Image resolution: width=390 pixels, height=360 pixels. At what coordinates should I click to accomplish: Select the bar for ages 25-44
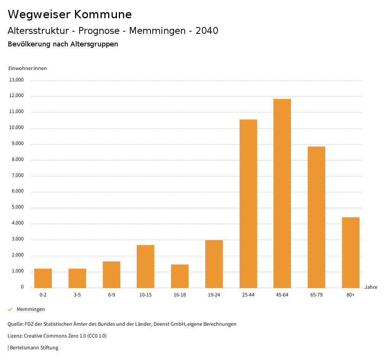(x=248, y=204)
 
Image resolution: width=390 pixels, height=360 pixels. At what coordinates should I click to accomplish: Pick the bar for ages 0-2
(x=43, y=278)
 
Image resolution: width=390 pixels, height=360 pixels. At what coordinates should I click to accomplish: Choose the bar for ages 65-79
(x=316, y=217)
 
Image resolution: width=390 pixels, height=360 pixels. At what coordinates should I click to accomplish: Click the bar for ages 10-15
(x=145, y=266)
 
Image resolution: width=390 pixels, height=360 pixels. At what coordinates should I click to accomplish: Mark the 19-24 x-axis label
(x=214, y=295)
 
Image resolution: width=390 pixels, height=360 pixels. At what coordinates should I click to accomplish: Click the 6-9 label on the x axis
(x=112, y=295)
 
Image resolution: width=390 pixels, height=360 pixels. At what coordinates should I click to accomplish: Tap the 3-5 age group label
(x=77, y=295)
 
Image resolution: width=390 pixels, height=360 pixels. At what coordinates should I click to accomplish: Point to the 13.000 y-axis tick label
(x=17, y=80)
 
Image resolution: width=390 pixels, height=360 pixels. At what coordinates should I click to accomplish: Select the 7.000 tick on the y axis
(x=17, y=175)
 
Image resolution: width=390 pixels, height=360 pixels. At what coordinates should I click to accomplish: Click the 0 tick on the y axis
(x=22, y=287)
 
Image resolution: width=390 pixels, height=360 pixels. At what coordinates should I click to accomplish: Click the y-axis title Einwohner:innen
(x=27, y=68)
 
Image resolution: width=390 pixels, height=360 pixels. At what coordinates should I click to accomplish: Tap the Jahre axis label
(x=371, y=287)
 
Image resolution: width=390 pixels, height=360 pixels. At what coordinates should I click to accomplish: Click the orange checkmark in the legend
(x=10, y=309)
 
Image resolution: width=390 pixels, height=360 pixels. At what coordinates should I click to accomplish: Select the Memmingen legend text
(x=31, y=309)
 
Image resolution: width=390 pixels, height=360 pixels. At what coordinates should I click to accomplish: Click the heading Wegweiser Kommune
(x=70, y=14)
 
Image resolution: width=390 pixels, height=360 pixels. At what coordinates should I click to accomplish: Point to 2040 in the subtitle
(x=207, y=31)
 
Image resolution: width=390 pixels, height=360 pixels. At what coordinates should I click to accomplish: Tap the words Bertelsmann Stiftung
(x=34, y=347)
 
